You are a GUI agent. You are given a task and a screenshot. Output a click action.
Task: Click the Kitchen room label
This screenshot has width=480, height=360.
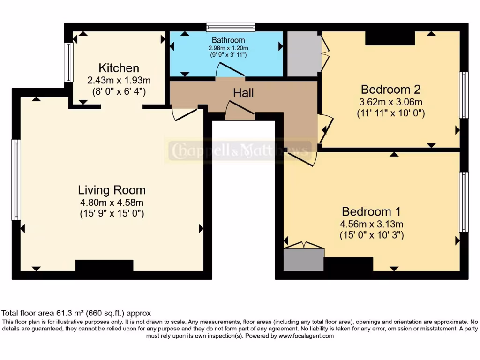click(x=119, y=68)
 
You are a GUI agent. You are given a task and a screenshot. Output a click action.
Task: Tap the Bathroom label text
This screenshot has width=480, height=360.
click(x=228, y=40)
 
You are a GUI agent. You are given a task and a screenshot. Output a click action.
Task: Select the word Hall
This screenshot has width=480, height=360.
click(x=243, y=93)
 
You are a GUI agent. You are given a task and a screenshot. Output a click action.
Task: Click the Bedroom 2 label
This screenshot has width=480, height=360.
click(x=390, y=90)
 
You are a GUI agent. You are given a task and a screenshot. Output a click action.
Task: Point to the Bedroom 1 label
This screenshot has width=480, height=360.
click(x=371, y=211)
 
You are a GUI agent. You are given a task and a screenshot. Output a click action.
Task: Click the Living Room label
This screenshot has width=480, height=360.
click(x=112, y=190)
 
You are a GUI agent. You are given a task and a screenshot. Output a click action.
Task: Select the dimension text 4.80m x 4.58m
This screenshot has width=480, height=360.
click(x=112, y=202)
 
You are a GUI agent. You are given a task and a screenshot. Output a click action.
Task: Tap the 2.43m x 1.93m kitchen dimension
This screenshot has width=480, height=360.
click(x=119, y=80)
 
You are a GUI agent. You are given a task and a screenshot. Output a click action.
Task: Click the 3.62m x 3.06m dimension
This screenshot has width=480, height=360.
click(x=390, y=102)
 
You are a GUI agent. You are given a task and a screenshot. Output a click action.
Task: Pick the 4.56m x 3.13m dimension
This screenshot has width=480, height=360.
click(x=371, y=224)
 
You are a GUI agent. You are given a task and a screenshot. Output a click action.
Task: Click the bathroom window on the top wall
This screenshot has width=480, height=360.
click(x=231, y=27)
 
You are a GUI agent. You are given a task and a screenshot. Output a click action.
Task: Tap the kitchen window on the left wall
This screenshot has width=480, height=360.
click(x=68, y=62)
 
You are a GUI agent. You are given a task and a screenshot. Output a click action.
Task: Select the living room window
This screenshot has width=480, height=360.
click(x=16, y=180)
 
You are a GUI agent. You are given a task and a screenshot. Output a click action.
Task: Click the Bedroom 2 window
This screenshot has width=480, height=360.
click(x=464, y=95)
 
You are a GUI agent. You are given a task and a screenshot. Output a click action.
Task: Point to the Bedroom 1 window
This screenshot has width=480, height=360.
click(x=464, y=202)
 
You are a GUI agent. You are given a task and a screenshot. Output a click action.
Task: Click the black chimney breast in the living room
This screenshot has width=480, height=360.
click(x=105, y=265)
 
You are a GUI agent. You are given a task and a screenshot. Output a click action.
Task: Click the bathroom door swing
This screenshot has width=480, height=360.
click(x=230, y=69)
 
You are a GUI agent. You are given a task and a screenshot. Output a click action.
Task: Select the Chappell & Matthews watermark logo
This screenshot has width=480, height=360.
click(x=240, y=150)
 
